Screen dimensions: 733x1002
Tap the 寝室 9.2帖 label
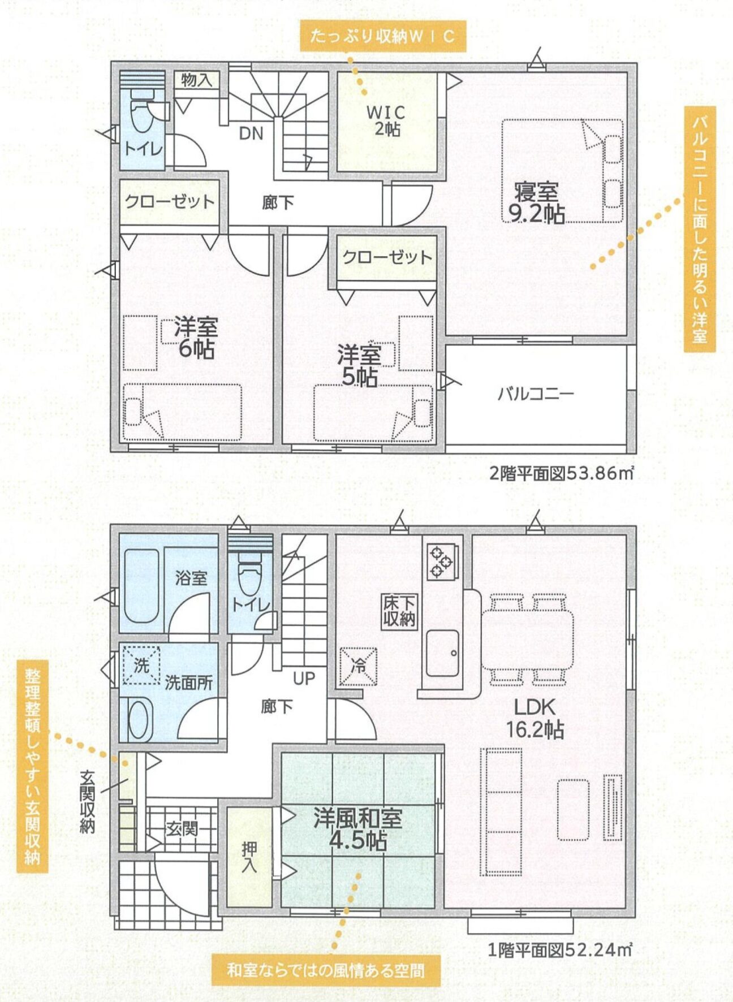point(536,202)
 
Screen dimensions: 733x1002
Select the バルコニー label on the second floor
point(536,394)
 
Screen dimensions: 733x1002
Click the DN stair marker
point(251,133)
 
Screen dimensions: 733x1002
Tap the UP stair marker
point(304,679)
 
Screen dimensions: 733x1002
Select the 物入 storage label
point(196,80)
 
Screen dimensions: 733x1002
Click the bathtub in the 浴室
point(141,586)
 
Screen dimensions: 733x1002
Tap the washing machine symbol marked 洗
point(141,665)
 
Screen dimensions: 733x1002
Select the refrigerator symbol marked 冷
point(358,667)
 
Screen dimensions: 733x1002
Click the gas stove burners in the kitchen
point(441,560)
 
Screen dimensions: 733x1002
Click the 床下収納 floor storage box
point(399,611)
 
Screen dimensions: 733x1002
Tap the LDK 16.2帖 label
point(534,718)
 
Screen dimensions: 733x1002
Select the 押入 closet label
point(249,857)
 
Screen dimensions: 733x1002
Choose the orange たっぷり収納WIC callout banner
point(383,36)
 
